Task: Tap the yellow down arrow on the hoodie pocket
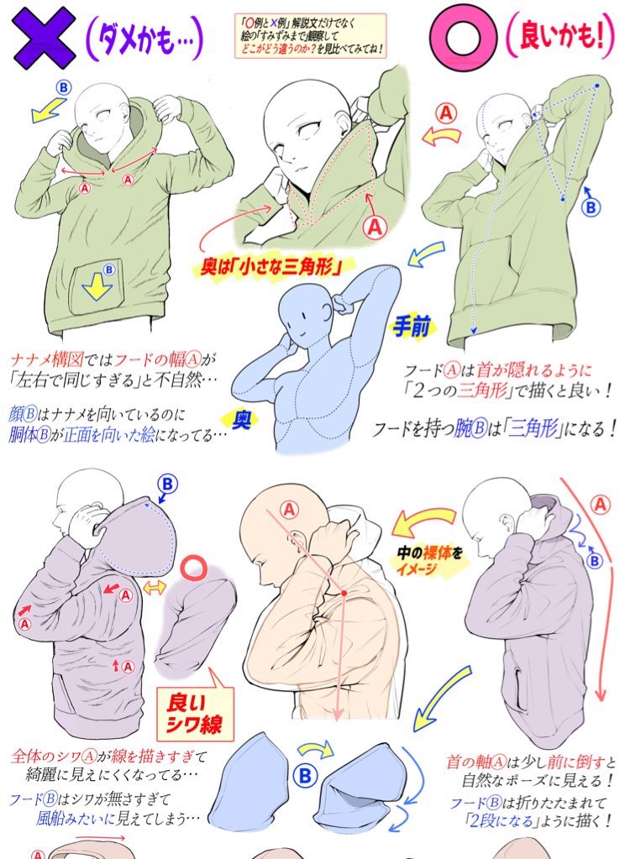(97, 286)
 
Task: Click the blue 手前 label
(411, 327)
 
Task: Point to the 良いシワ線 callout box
(195, 711)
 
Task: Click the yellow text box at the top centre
(310, 36)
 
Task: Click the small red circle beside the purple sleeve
(193, 568)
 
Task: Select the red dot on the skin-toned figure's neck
(344, 593)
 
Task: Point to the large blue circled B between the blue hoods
(305, 775)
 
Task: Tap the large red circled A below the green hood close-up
(375, 226)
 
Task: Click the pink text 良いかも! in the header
(559, 37)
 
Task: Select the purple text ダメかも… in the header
(144, 39)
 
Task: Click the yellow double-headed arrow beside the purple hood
(155, 588)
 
